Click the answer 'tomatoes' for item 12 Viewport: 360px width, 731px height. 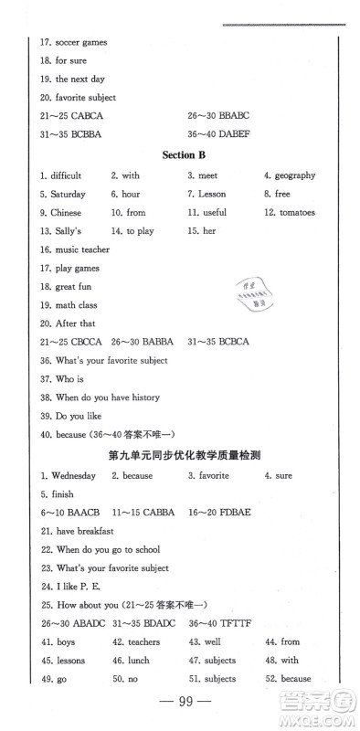(x=298, y=212)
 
